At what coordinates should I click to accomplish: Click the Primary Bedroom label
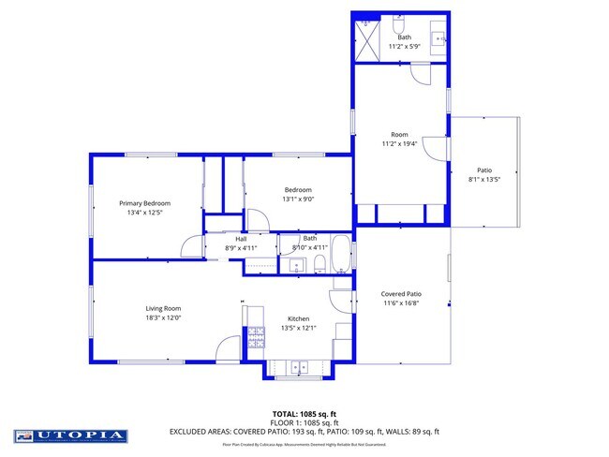(143, 203)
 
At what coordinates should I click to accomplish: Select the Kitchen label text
(298, 318)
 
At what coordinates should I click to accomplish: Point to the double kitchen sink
(298, 367)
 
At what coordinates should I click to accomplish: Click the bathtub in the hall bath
(340, 254)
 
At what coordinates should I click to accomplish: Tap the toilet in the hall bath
(319, 263)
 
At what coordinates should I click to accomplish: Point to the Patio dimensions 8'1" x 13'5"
(484, 179)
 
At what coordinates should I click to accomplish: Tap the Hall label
(241, 239)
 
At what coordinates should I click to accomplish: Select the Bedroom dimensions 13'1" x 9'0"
(298, 199)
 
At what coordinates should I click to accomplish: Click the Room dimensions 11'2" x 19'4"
(398, 143)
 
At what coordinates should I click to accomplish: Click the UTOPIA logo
(70, 435)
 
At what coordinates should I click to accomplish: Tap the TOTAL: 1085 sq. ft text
(304, 413)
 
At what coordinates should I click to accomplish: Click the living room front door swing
(229, 349)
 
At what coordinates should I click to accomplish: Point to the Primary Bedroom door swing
(192, 245)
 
